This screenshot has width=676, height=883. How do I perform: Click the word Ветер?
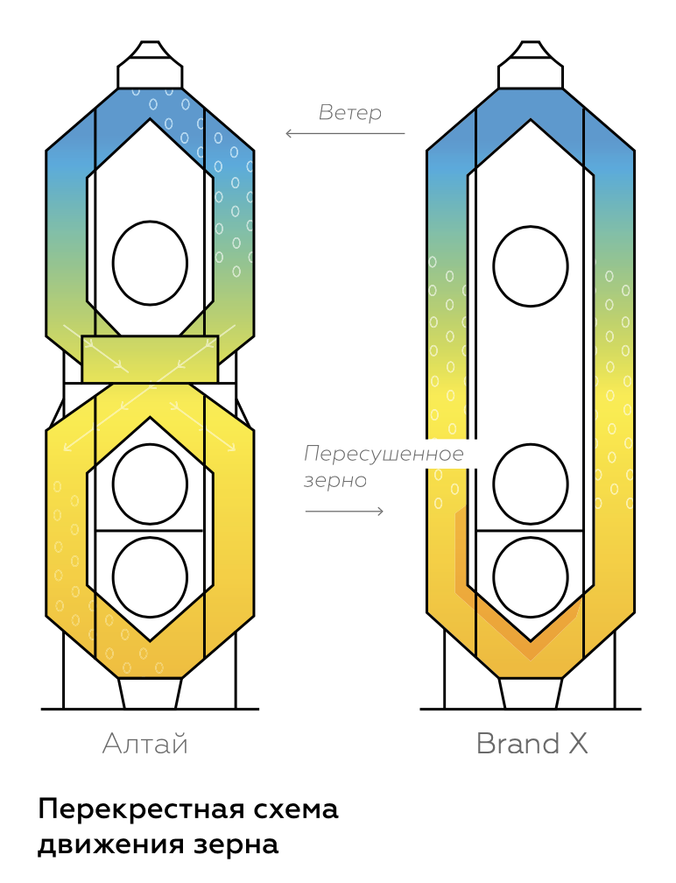[x=350, y=113]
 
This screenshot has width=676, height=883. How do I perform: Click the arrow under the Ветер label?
[x=345, y=133]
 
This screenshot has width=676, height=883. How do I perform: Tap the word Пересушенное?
[x=384, y=454]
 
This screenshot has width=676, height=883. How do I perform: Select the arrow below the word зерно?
[x=344, y=511]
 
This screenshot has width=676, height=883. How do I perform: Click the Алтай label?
[x=145, y=745]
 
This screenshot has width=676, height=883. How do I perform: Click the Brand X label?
[x=532, y=744]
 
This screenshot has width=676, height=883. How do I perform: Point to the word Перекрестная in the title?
[x=141, y=809]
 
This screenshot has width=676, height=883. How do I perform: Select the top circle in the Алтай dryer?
[x=150, y=263]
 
